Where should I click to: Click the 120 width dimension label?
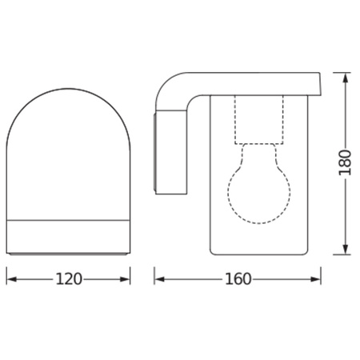(69, 279)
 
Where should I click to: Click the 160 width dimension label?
(238, 279)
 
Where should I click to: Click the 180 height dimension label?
(345, 163)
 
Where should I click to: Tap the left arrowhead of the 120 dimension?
(11, 279)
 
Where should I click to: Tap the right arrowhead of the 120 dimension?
(125, 279)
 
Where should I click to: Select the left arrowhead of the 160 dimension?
(159, 279)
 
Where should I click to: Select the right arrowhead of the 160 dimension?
(315, 279)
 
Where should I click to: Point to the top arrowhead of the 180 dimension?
(346, 78)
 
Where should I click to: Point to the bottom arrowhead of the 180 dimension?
(346, 250)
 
